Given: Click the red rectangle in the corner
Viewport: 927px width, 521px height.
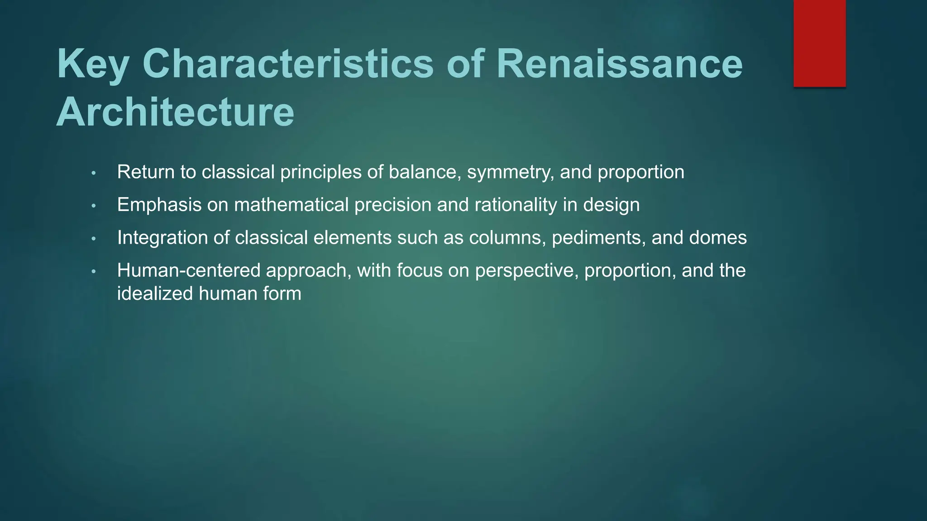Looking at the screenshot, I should click(819, 43).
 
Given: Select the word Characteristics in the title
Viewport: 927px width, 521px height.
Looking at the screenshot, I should click(288, 64).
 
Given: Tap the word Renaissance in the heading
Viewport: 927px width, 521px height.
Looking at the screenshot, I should click(619, 64).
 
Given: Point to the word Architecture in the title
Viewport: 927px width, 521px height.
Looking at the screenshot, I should click(175, 112).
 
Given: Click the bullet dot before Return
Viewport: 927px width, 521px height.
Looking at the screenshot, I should click(94, 173).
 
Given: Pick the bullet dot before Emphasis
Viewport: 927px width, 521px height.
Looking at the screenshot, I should click(94, 206).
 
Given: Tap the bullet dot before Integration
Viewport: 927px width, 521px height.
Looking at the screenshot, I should click(94, 239).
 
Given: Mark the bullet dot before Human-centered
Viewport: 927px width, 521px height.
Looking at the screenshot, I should click(94, 272).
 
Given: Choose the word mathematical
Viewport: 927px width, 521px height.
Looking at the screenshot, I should click(291, 205).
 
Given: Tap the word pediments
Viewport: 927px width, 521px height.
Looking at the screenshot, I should click(599, 238).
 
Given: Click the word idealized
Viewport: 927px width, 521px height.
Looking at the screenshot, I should click(155, 294).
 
